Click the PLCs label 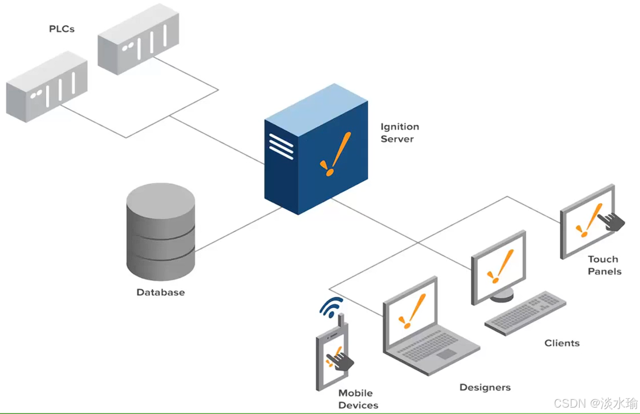coord(62,29)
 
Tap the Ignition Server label coord(400,133)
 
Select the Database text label coord(160,292)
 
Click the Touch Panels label coord(604,265)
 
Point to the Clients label coord(562,343)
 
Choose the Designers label coord(485,388)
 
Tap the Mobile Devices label coord(358,399)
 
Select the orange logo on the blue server coord(335,155)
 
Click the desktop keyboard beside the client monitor coord(525,313)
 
